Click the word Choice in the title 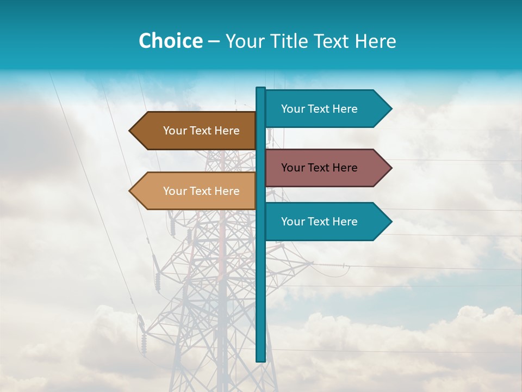(x=170, y=41)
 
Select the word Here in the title (x=375, y=41)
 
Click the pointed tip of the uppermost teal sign (x=391, y=109)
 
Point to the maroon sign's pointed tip (x=391, y=168)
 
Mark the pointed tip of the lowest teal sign (x=391, y=222)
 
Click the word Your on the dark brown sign (x=175, y=131)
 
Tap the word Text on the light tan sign (x=201, y=191)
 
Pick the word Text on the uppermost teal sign (x=319, y=109)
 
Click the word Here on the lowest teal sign (x=344, y=222)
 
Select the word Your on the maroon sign (x=293, y=168)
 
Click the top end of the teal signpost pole (x=260, y=89)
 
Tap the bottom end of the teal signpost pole (x=260, y=360)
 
